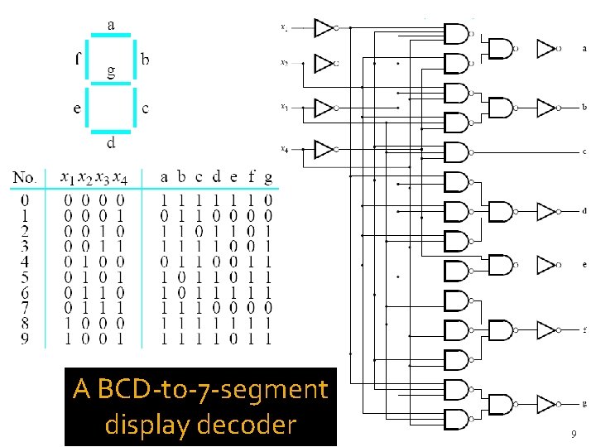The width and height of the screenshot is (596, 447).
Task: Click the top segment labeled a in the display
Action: (110, 35)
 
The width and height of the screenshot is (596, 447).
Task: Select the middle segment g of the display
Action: (110, 82)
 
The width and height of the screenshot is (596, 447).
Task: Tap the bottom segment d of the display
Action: (110, 131)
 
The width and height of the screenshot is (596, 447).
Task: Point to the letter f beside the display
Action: (77, 58)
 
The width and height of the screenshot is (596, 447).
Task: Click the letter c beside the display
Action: (146, 108)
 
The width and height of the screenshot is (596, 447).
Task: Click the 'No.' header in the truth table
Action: (25, 178)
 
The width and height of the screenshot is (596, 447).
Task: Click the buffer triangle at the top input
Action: (324, 27)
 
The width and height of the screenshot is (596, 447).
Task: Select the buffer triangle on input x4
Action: (324, 150)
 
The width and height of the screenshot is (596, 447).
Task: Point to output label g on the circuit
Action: (584, 405)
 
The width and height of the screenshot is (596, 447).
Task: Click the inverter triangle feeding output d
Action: (546, 212)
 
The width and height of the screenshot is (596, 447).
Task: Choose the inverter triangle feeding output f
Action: (546, 330)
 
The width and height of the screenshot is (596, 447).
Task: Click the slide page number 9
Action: (573, 435)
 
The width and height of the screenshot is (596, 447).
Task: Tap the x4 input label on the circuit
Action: (284, 150)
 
